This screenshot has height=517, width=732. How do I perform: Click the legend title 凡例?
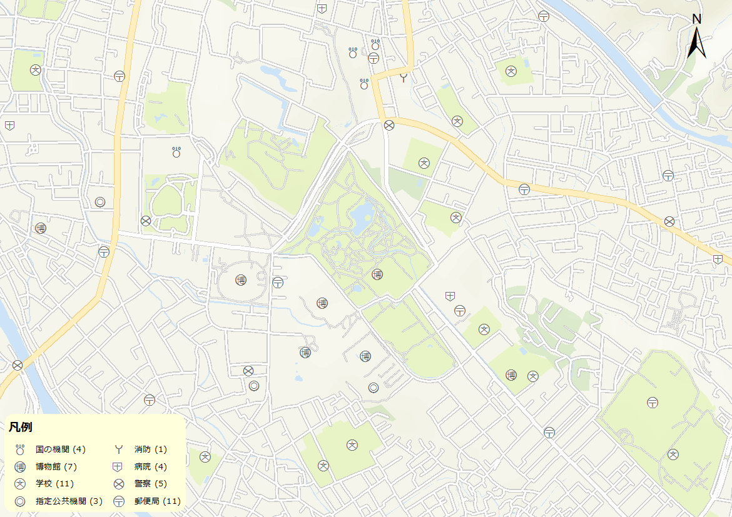[21, 428]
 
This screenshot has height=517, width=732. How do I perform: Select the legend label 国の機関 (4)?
[60, 449]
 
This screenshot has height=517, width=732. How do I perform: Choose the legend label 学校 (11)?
[55, 484]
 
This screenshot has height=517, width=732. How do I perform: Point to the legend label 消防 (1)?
[151, 449]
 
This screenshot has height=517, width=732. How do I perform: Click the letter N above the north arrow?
[696, 19]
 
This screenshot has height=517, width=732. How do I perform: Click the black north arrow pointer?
[696, 45]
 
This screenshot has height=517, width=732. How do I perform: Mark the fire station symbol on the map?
[404, 78]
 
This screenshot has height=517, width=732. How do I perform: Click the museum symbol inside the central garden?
[377, 274]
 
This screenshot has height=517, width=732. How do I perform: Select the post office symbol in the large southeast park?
[653, 403]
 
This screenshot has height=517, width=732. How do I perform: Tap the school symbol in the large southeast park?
[673, 454]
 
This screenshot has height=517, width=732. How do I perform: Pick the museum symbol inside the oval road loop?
[241, 280]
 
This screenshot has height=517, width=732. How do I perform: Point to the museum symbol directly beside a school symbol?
[511, 375]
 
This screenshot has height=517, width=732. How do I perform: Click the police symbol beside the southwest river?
[18, 365]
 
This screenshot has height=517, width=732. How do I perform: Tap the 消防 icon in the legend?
[117, 449]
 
